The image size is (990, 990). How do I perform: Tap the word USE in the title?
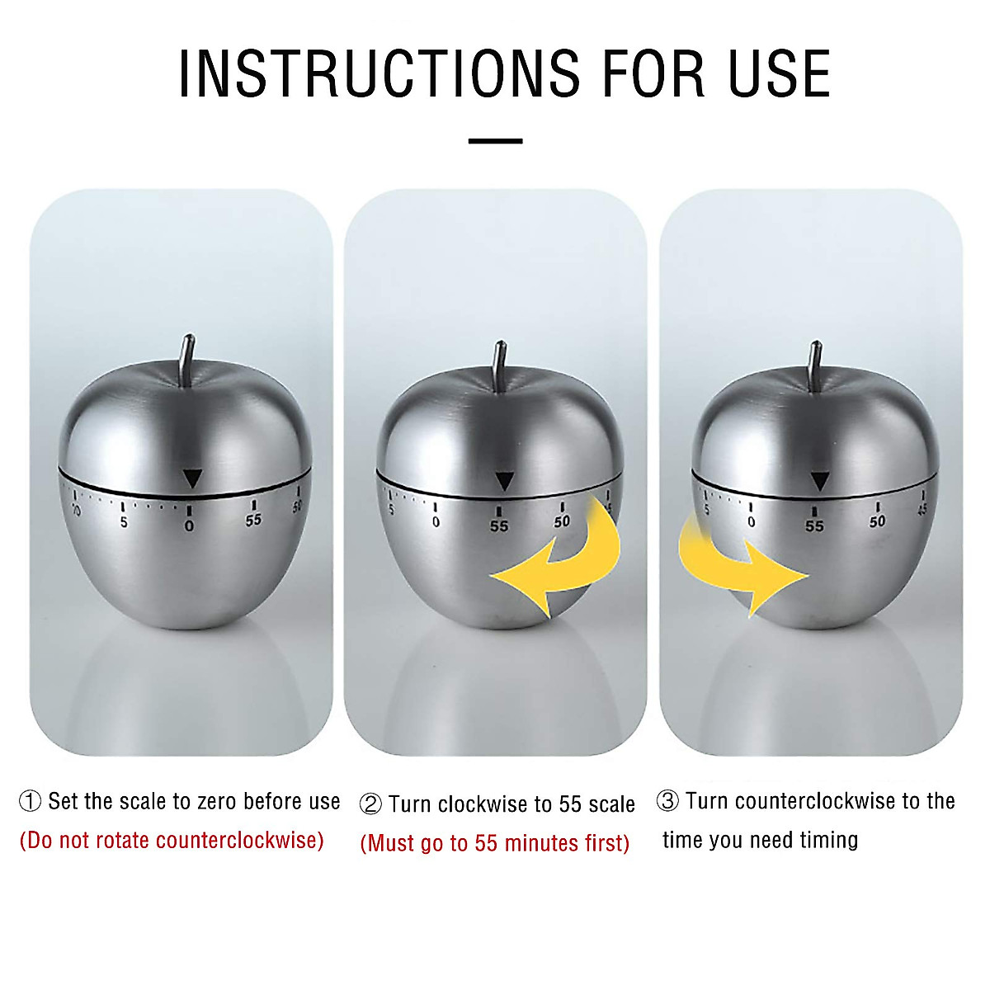tap(778, 74)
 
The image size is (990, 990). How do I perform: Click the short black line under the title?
tap(495, 141)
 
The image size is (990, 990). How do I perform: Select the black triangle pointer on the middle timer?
tap(503, 481)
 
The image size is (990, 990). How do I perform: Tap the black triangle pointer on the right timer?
tap(819, 481)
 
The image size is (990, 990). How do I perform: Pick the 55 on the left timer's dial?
tap(253, 521)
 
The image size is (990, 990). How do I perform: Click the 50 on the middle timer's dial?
tap(562, 522)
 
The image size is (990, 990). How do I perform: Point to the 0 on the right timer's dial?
tap(751, 522)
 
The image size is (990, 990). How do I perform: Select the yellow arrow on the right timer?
tap(734, 569)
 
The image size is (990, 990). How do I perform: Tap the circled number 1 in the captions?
tap(30, 801)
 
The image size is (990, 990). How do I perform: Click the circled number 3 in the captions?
tap(667, 801)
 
